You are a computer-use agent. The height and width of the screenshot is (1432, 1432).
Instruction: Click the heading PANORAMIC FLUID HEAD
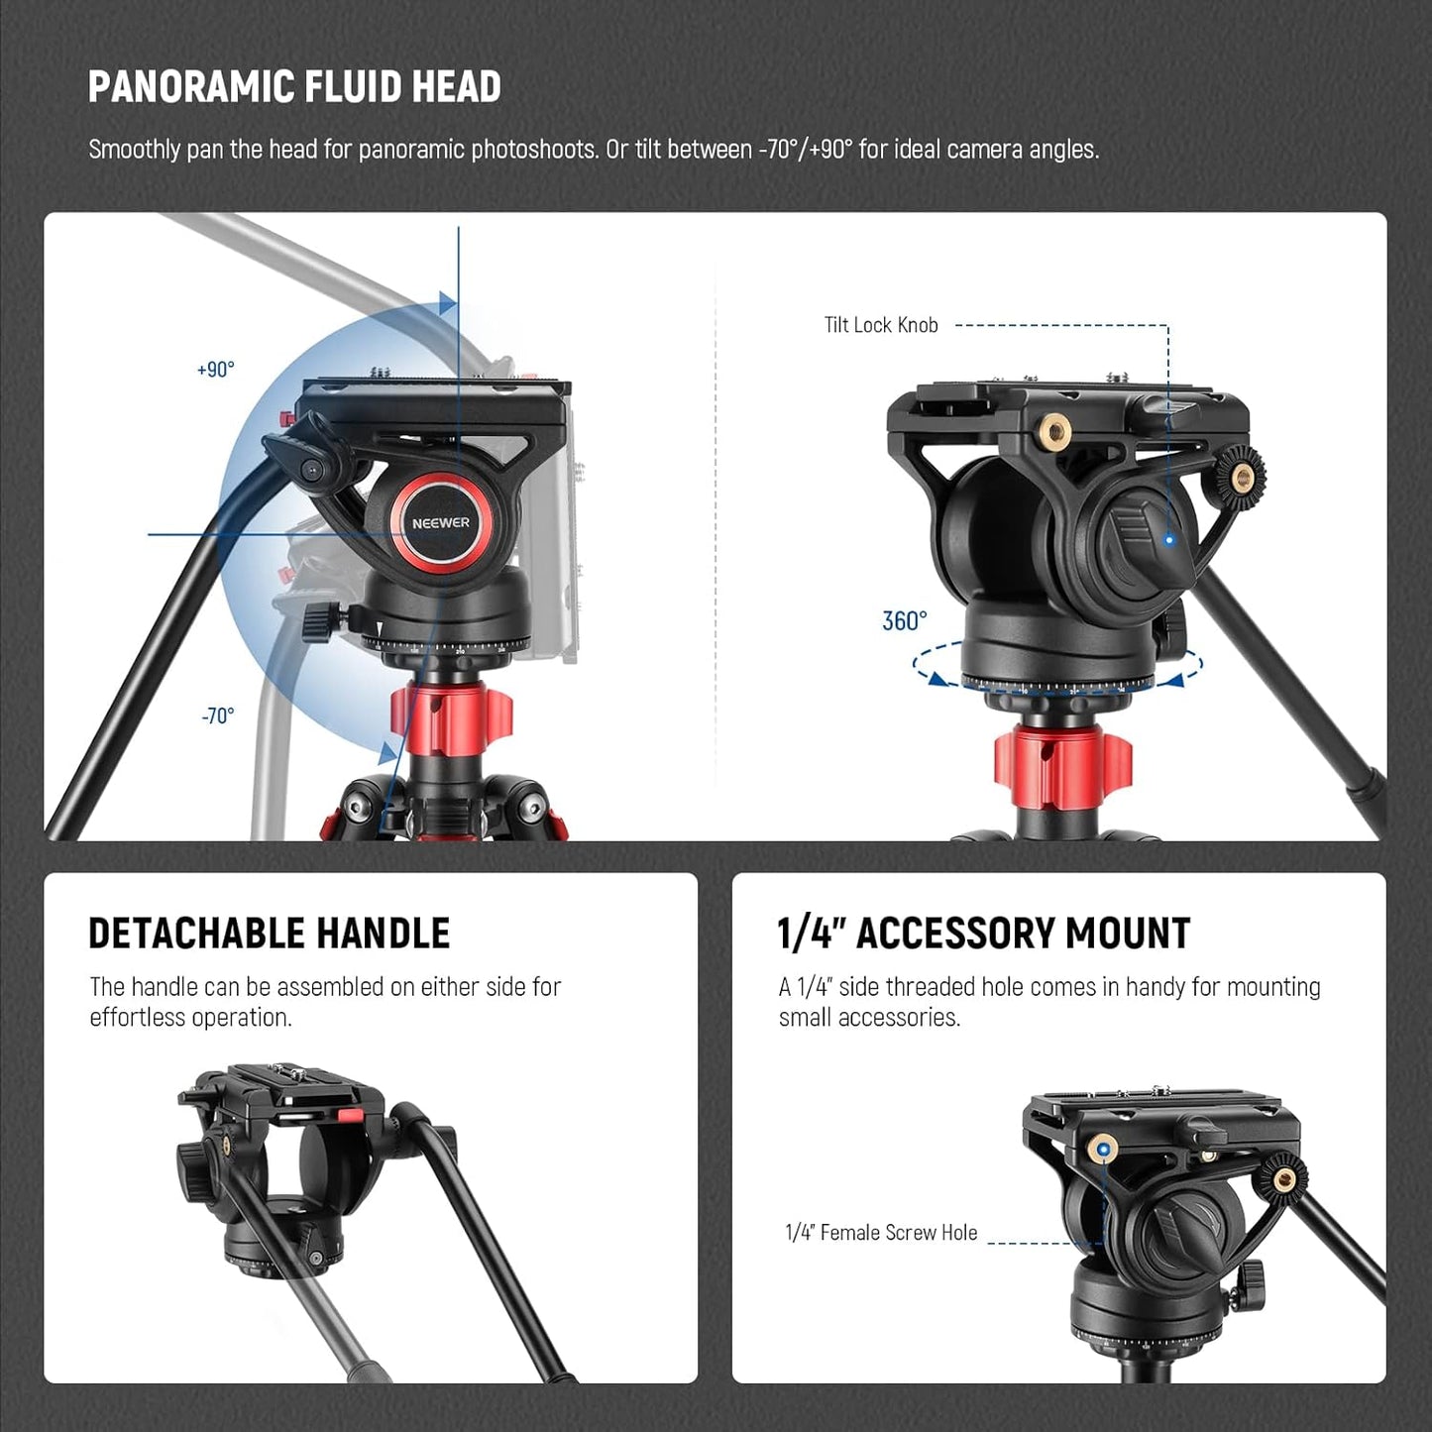294,87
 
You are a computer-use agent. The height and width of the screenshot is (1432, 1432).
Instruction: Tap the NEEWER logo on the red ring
441,523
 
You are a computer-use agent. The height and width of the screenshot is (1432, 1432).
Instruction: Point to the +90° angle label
216,370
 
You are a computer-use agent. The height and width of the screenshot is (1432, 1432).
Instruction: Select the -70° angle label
218,716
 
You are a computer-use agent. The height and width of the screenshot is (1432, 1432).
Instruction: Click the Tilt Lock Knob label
881,325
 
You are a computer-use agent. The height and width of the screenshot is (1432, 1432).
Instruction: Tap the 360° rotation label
905,621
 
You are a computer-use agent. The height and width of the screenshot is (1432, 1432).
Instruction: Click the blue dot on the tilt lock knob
1169,540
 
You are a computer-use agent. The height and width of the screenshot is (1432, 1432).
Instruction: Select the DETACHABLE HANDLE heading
269,934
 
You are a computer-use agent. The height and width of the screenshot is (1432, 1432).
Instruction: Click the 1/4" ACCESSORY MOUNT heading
983,934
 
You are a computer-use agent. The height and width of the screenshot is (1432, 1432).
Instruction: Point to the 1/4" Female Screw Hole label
881,1233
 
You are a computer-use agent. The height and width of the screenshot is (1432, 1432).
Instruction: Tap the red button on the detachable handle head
350,1116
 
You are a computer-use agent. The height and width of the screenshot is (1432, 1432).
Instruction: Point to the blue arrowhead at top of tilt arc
447,303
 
